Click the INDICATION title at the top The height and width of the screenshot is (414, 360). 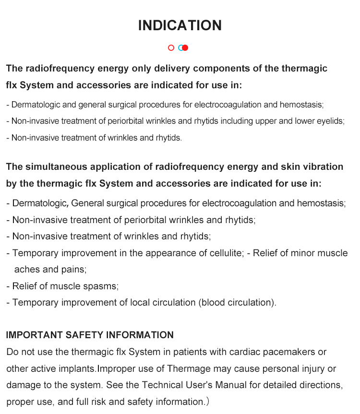coord(180,25)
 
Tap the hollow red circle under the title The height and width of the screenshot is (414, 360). coord(171,48)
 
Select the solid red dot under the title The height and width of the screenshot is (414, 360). coord(185,48)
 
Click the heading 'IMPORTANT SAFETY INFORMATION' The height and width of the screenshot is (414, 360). coord(90,335)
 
